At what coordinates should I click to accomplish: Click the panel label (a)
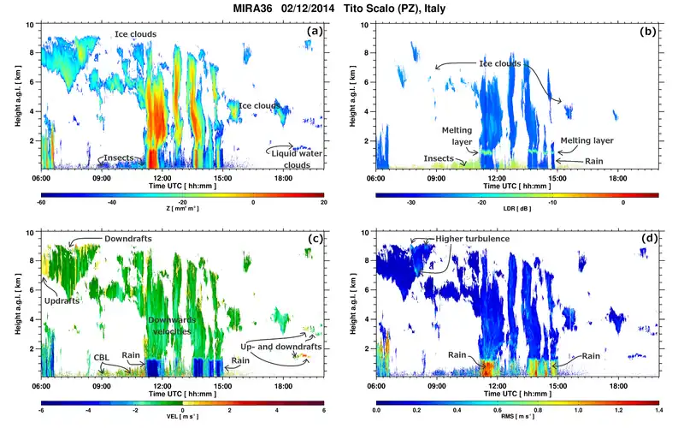click(315, 31)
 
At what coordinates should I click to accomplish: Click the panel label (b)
click(648, 31)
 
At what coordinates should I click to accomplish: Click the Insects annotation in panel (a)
click(119, 159)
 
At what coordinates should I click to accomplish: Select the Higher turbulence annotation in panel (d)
click(474, 239)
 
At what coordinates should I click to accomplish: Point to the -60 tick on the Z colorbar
click(41, 202)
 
